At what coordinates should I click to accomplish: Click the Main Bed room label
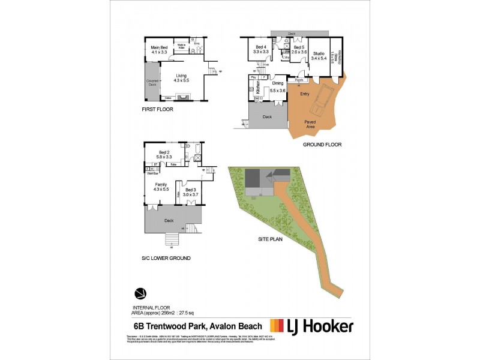click(159, 50)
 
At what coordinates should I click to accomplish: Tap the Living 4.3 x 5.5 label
click(181, 77)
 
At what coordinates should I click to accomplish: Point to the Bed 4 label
click(260, 50)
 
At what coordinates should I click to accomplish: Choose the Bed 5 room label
click(299, 50)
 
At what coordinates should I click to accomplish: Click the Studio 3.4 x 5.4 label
click(318, 56)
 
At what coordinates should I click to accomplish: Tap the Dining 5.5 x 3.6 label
click(278, 88)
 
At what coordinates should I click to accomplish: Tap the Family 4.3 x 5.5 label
click(161, 187)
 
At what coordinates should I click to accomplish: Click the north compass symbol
click(140, 294)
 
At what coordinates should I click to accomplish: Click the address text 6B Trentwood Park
click(170, 327)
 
